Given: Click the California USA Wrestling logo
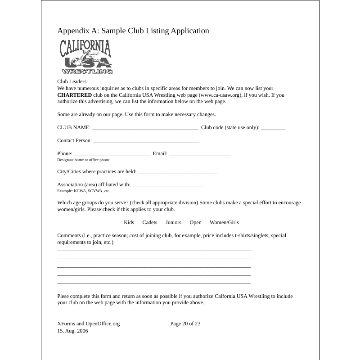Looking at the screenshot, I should (x=86, y=57).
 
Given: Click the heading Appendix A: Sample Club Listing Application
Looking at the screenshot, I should (x=133, y=31).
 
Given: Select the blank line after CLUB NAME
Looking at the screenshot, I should (x=145, y=128).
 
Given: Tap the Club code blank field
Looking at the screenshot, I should (x=273, y=128).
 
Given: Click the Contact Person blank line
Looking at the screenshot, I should (x=146, y=141).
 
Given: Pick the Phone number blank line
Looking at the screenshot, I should (x=112, y=154).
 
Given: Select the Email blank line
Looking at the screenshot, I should (x=200, y=154).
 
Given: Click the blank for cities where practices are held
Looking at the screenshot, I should (x=177, y=172).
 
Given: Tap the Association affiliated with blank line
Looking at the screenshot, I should (x=169, y=185).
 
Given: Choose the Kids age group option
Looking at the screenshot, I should (x=129, y=222).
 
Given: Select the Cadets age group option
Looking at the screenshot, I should (x=150, y=222).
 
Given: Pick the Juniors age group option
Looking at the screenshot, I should (x=173, y=222).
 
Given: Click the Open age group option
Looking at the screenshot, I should (x=195, y=222).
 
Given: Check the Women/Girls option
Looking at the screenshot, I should (x=224, y=222).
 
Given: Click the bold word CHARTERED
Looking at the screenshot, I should (x=74, y=95).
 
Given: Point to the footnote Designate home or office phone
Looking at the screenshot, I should (x=83, y=160).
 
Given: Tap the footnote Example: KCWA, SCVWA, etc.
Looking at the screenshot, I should (x=84, y=191).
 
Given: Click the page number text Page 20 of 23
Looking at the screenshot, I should (x=185, y=324).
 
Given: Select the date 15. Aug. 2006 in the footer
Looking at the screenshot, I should (x=72, y=331).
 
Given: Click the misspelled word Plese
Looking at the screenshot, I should (x=63, y=296).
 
